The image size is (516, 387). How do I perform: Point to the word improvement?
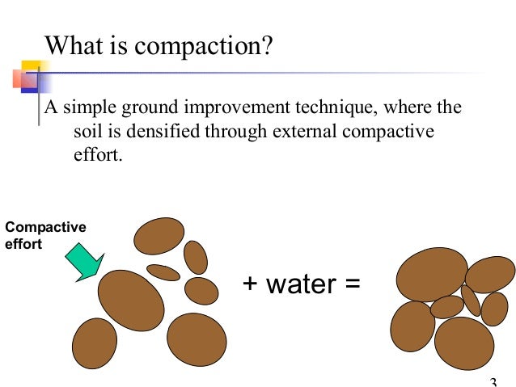(x=249, y=109)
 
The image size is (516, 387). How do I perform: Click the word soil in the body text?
(x=76, y=132)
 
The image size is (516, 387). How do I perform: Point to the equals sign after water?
(x=350, y=285)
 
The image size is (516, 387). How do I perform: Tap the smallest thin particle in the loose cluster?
(x=163, y=272)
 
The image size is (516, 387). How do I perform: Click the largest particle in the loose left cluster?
(x=131, y=300)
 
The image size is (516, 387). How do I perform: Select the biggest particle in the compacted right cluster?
(x=431, y=275)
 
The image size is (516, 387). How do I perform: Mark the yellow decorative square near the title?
(x=31, y=69)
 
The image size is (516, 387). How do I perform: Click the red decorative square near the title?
(x=19, y=79)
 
